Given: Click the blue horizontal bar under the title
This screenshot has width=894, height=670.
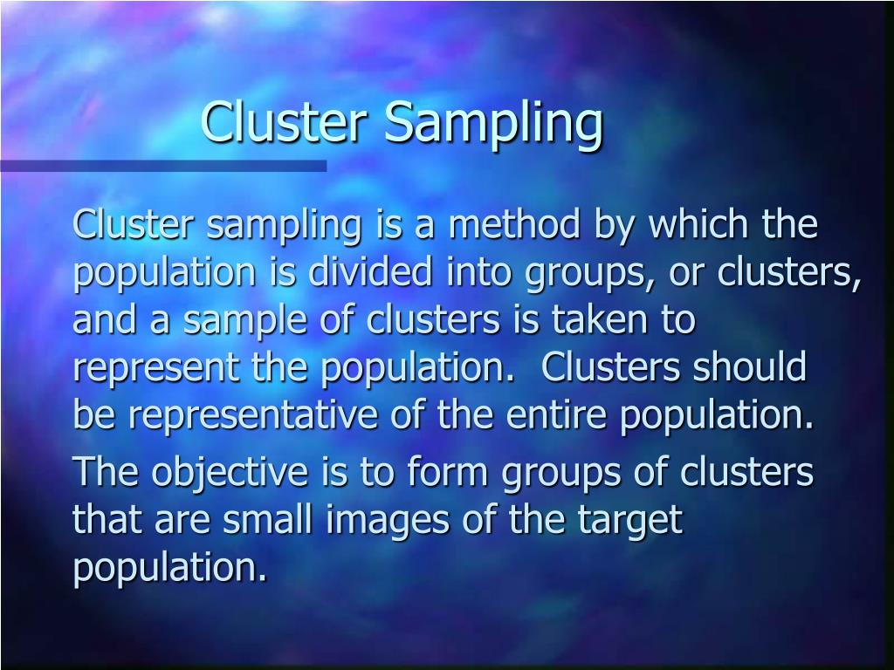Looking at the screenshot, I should pos(162,165).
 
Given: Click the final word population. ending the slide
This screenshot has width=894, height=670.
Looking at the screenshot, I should pos(168,569).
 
